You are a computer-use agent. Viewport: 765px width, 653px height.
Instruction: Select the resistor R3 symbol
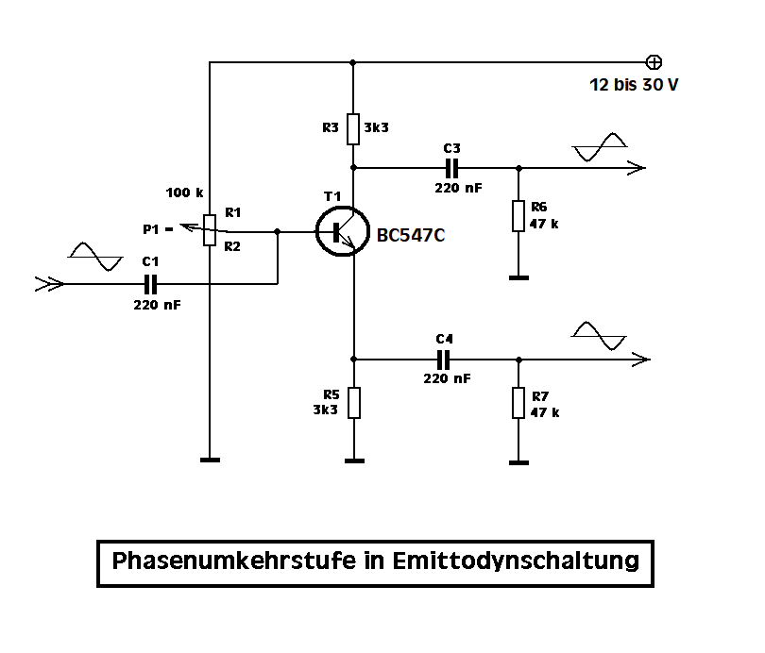[x=353, y=128]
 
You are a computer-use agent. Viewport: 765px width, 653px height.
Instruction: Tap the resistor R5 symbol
[x=353, y=403]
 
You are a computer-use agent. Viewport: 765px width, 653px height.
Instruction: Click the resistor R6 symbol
[x=518, y=215]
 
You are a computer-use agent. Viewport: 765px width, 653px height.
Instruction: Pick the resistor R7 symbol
[x=518, y=403]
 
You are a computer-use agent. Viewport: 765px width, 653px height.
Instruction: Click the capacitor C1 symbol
[x=149, y=283]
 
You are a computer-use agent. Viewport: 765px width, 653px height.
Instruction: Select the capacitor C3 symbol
[x=451, y=169]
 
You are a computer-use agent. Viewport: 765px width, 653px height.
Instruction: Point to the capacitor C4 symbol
[x=444, y=360]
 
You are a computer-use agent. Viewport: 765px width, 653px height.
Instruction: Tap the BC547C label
[x=411, y=236]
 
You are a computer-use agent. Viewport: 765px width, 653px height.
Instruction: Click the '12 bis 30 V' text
[x=634, y=85]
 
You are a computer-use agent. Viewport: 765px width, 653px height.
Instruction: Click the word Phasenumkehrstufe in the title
[x=233, y=561]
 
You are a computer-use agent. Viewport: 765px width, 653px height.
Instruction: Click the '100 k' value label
[x=184, y=193]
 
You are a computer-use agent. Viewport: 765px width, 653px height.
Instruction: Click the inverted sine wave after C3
[x=600, y=147]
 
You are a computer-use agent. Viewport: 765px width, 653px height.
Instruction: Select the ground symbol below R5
[x=353, y=461]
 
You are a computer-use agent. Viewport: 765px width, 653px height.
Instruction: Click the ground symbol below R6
[x=518, y=278]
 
